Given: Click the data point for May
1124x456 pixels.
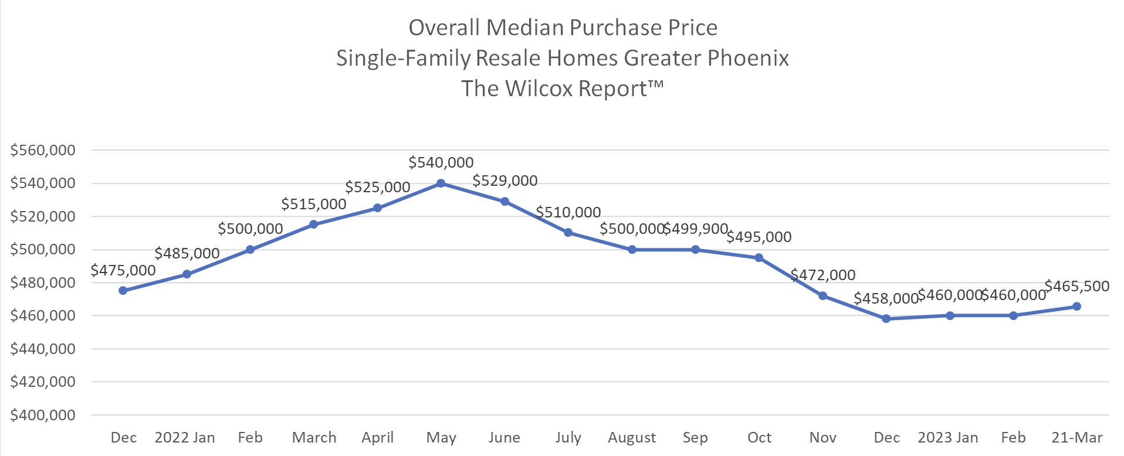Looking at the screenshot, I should (441, 183).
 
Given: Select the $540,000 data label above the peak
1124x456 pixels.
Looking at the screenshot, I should (441, 162).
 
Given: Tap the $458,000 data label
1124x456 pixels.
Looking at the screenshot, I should (886, 298).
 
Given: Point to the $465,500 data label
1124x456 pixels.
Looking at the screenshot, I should (1077, 286).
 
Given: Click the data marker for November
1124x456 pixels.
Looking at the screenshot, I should (822, 296).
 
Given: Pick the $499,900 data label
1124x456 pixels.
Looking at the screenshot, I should (696, 229).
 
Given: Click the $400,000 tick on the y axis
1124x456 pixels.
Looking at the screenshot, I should (43, 415).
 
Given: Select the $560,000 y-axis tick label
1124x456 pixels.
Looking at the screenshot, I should (43, 150).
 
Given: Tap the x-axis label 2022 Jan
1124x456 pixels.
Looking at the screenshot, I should (185, 438).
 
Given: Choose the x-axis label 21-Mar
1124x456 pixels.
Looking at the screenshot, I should (1077, 438).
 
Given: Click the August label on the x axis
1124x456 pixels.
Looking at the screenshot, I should (632, 438).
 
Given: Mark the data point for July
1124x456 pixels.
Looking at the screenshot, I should (568, 233).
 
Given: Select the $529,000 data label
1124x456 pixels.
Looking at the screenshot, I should (505, 181).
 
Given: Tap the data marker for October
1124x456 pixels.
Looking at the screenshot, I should (759, 258).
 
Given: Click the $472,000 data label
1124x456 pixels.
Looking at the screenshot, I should (823, 275).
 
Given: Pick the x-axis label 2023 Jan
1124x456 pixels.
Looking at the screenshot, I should (948, 438).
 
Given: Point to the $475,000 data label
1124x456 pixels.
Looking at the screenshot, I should (123, 270).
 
